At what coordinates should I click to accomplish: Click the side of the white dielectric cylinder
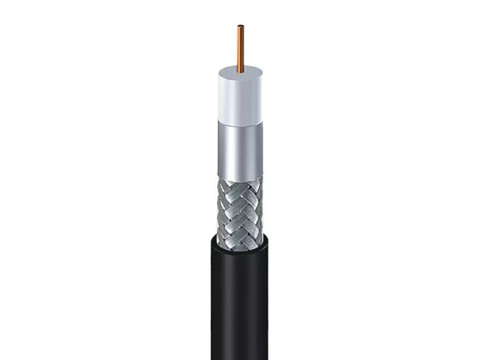[x=240, y=103]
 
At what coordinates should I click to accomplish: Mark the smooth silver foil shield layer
[x=240, y=150]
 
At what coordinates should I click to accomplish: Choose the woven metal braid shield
[x=240, y=206]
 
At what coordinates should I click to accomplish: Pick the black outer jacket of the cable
[x=240, y=297]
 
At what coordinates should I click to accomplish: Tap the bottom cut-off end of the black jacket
[x=240, y=357]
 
